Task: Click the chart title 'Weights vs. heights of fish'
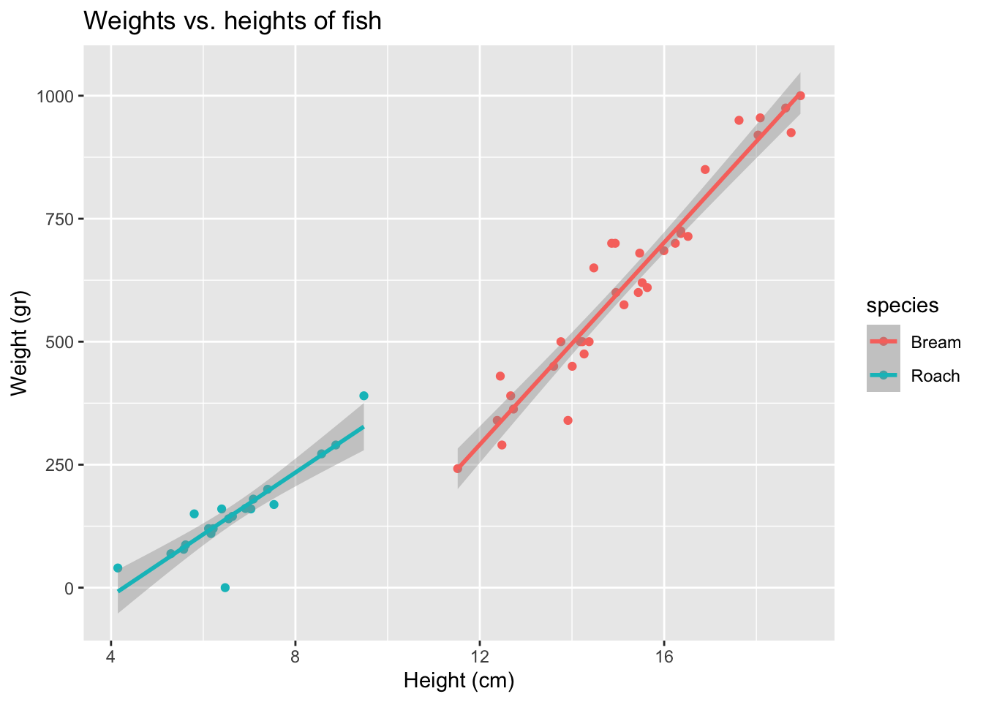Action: point(233,21)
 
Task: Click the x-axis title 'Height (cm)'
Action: point(459,682)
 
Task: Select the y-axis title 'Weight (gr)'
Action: point(20,342)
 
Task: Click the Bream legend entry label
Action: point(935,342)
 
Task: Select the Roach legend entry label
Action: point(935,376)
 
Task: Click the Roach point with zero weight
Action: point(225,587)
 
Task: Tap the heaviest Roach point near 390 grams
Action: point(364,396)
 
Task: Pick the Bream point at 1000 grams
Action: point(800,96)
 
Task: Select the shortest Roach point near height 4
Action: point(118,568)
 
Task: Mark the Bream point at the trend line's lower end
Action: point(458,469)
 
